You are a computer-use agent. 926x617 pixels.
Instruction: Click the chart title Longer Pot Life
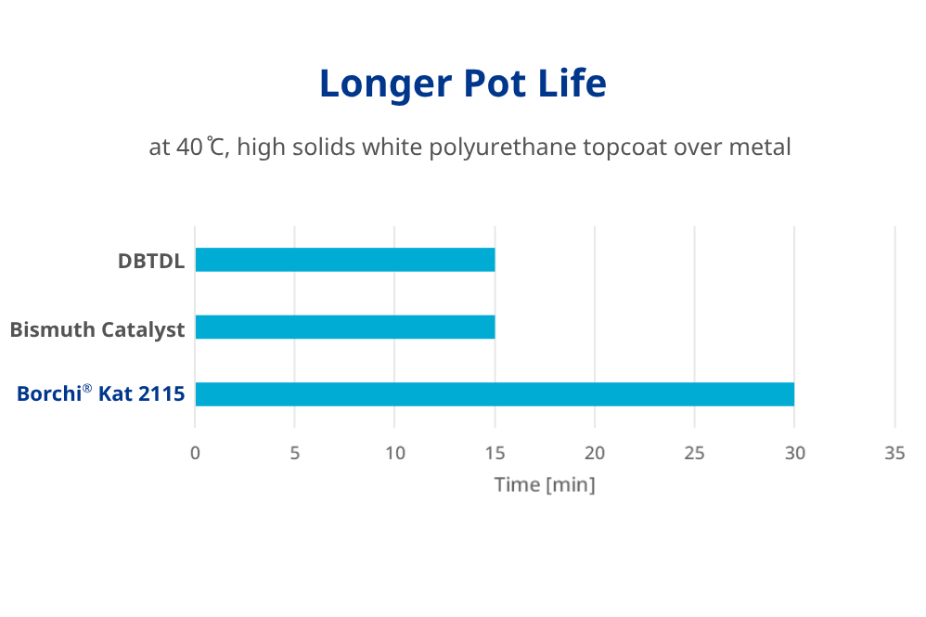click(x=462, y=84)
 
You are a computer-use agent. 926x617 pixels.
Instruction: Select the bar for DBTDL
click(x=344, y=260)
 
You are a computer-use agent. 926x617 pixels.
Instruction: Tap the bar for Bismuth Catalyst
click(x=344, y=328)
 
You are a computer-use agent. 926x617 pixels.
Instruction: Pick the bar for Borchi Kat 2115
click(x=495, y=394)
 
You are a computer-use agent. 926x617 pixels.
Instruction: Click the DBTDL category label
click(x=151, y=261)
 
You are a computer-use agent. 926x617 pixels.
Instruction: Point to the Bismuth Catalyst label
click(x=97, y=329)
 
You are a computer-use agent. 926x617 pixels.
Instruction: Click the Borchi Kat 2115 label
click(x=100, y=394)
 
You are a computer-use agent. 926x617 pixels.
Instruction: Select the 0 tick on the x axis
click(x=195, y=454)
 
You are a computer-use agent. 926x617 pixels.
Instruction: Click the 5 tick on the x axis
click(x=295, y=454)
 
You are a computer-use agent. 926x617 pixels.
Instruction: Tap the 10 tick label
click(x=394, y=454)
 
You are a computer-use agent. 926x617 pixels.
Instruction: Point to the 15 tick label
click(x=495, y=454)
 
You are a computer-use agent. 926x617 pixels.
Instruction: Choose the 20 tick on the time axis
click(x=595, y=454)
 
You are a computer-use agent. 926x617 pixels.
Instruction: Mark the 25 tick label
click(x=694, y=454)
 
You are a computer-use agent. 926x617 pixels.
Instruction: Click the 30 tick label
click(x=794, y=454)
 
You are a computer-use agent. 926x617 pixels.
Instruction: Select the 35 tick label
click(x=894, y=454)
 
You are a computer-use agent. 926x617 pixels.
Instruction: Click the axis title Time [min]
click(x=545, y=484)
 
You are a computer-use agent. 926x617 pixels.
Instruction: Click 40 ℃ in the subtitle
click(x=200, y=147)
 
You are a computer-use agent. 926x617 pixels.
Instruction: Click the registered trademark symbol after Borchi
click(x=87, y=388)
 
